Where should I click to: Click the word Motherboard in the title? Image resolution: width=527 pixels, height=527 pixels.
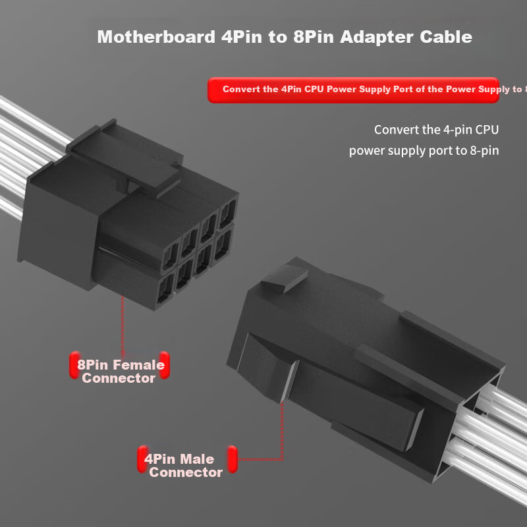[156, 37]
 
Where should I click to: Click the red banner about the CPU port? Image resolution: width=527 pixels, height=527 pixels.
[353, 90]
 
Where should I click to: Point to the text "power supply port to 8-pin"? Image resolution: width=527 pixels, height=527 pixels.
[424, 150]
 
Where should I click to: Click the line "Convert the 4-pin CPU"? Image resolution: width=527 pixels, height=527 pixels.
[436, 129]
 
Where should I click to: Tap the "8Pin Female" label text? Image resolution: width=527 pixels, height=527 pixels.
[121, 365]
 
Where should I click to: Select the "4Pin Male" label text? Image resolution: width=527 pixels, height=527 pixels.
[179, 458]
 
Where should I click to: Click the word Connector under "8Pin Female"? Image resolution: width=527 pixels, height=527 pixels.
[119, 378]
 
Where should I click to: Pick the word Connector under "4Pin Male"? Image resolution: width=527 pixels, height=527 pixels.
[186, 472]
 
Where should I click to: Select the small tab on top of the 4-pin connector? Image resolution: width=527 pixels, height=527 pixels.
[285, 277]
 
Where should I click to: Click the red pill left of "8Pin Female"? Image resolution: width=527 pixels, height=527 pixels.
[74, 365]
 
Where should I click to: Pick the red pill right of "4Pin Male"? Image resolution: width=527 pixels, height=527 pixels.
[233, 459]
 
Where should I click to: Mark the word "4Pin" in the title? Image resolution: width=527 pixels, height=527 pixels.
[242, 37]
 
